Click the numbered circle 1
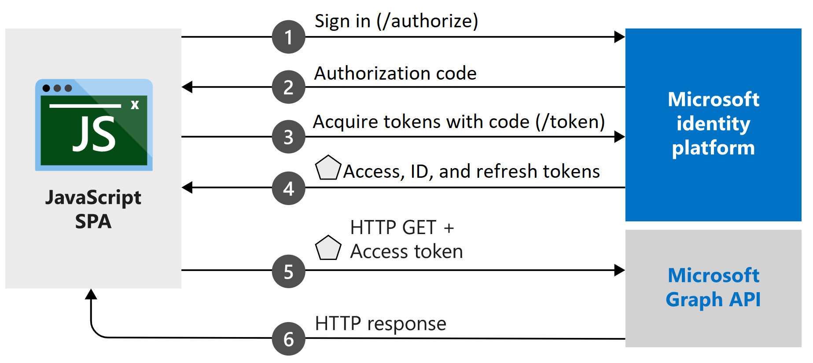[288, 37]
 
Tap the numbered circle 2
[288, 87]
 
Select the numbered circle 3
[288, 137]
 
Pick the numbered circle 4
[288, 188]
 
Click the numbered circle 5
[288, 271]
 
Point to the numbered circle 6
[288, 339]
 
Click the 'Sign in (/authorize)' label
[396, 21]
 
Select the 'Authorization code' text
[395, 73]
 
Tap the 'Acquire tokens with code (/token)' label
[459, 122]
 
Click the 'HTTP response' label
[380, 324]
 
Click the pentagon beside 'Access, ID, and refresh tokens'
[328, 168]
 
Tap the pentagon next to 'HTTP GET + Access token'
[328, 248]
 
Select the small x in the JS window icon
[135, 105]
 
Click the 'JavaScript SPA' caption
[93, 209]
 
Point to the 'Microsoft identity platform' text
[713, 124]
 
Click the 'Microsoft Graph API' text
[713, 287]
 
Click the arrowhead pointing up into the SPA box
[91, 294]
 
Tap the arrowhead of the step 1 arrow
[620, 37]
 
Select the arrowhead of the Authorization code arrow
[188, 87]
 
